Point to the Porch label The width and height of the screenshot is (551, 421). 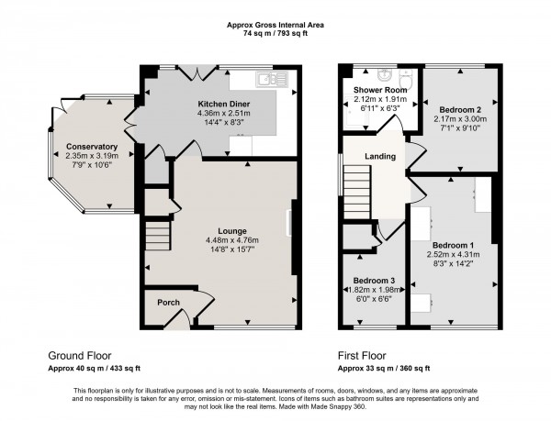(167, 304)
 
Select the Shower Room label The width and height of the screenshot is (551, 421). (372, 91)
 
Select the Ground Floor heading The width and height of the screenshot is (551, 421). (80, 353)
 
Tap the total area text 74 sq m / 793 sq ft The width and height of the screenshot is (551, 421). (275, 32)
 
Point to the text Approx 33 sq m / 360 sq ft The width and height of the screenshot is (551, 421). (385, 367)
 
